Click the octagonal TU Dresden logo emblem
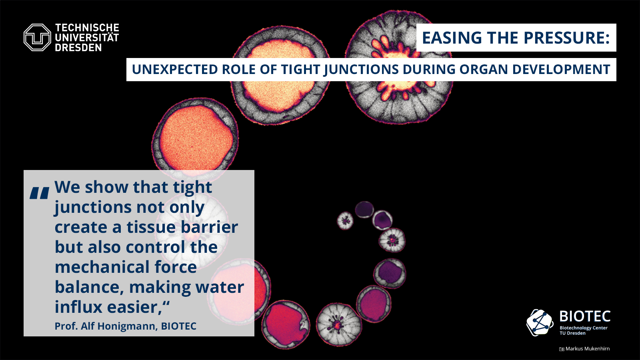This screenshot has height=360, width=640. [38, 38]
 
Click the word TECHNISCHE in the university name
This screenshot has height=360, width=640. [87, 28]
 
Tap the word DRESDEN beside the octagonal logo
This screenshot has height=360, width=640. [78, 48]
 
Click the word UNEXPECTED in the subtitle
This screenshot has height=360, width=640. [175, 70]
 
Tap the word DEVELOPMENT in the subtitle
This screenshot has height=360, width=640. [561, 70]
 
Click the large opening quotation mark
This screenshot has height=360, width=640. [40, 193]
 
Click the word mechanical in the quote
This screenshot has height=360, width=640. [102, 267]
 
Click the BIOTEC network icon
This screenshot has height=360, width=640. [540, 322]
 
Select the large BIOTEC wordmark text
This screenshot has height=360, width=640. [585, 316]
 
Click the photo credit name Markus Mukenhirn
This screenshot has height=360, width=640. [588, 348]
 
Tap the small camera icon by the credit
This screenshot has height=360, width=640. [562, 349]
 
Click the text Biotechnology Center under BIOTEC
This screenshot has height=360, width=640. [584, 328]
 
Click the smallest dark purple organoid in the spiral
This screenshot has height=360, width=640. [364, 210]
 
